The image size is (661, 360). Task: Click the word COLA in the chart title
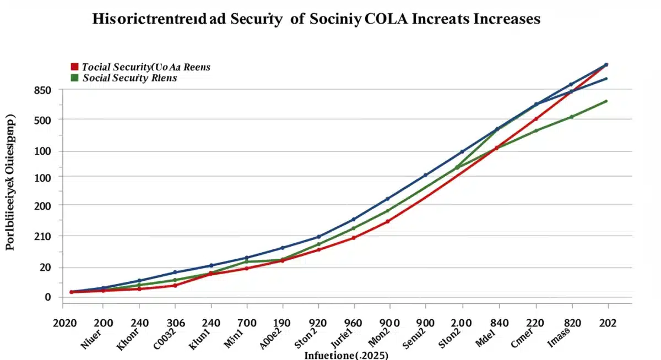click(x=389, y=19)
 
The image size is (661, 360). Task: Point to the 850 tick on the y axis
click(x=42, y=90)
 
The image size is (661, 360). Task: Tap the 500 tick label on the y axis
click(x=42, y=120)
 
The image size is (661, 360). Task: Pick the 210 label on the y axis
click(x=42, y=237)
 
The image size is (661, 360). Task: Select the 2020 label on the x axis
click(x=65, y=323)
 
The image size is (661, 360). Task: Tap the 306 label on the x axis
click(x=175, y=323)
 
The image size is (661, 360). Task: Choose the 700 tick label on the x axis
click(x=247, y=323)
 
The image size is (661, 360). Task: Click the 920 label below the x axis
click(x=318, y=323)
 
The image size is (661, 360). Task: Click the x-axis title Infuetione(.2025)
click(x=346, y=354)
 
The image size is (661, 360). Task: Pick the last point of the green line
click(x=606, y=101)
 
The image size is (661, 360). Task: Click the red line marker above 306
click(x=175, y=285)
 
